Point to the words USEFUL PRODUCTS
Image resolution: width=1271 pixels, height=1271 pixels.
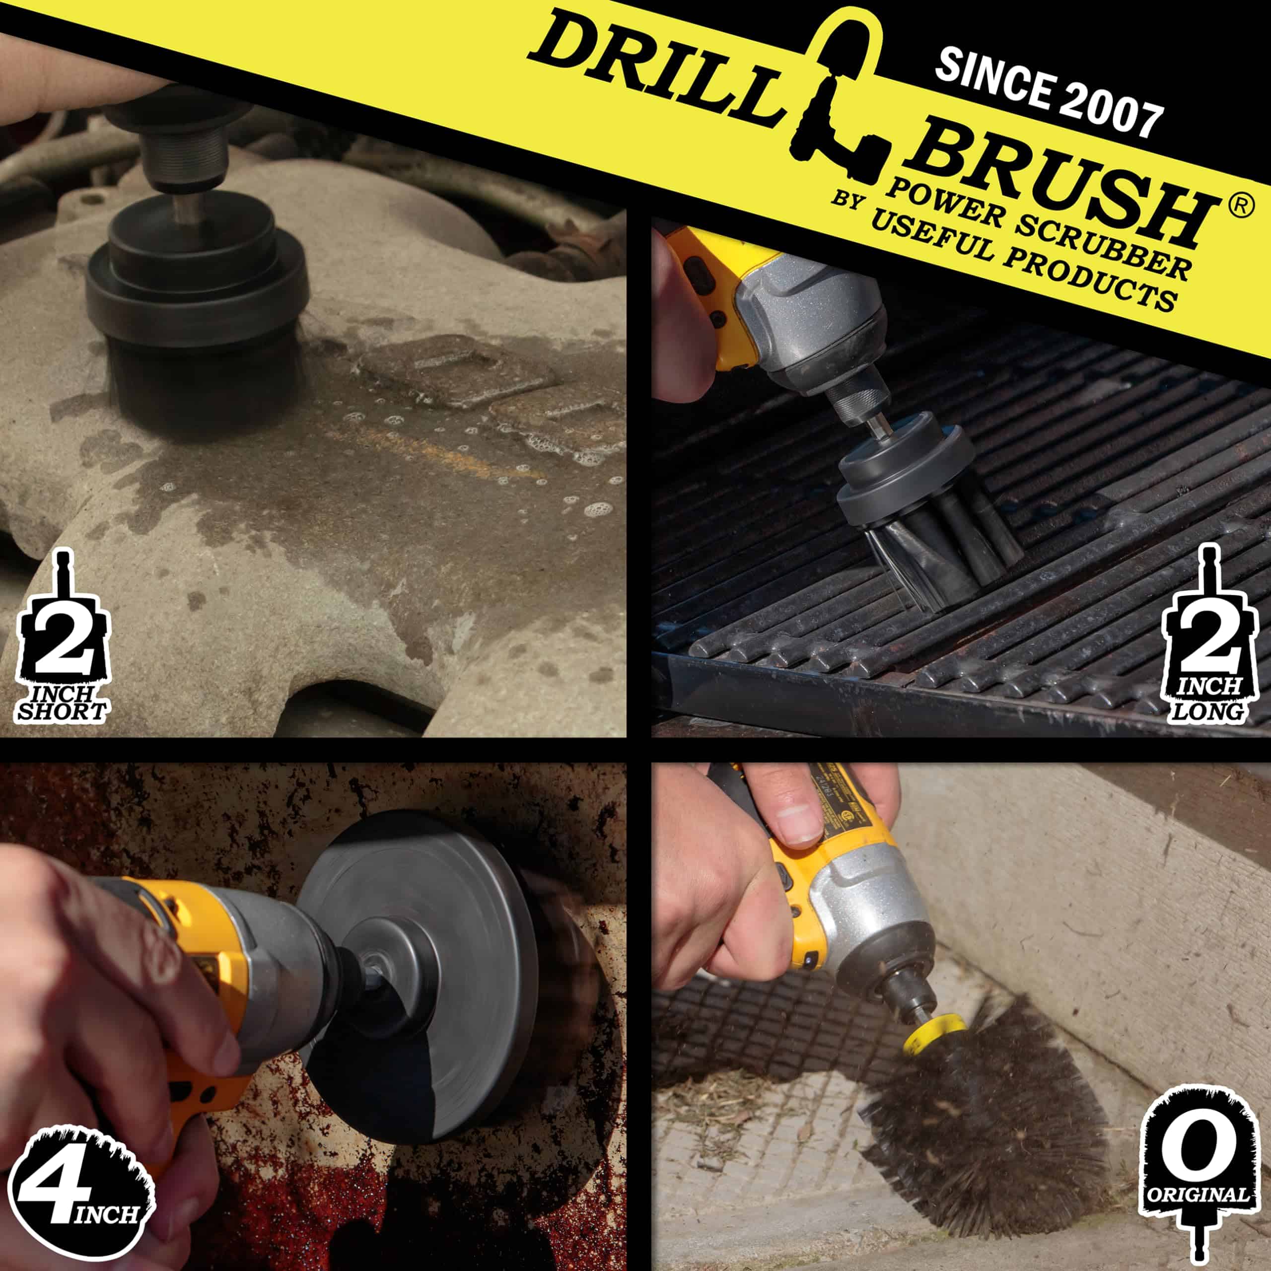pos(1020,263)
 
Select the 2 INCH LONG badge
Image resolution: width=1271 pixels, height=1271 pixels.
pos(1208,635)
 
